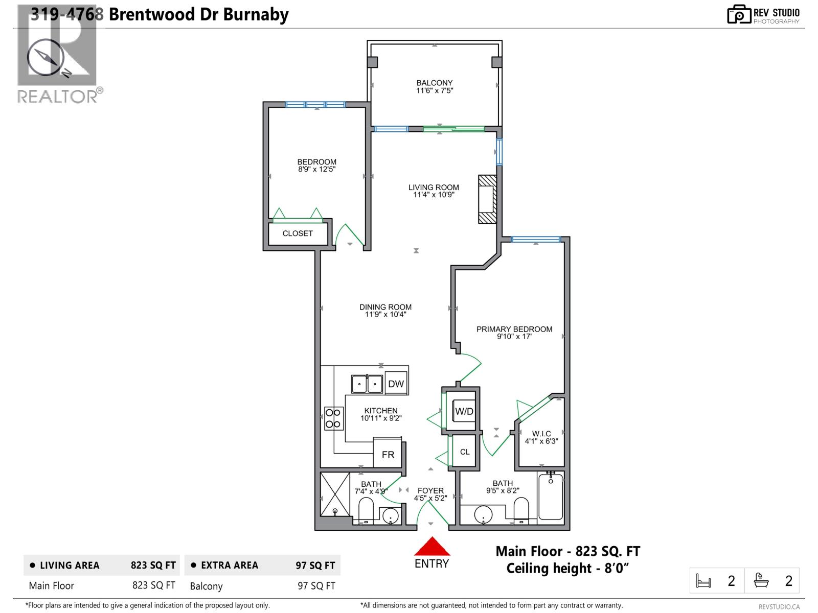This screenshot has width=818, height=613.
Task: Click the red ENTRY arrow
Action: pos(432,547)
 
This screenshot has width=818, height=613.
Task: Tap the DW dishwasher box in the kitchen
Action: pos(396,384)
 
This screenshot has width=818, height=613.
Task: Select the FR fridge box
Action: pos(388,454)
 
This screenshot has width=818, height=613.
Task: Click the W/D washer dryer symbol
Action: pos(464,412)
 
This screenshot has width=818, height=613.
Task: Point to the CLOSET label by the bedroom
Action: pos(298,233)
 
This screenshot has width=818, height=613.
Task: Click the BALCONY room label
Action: pos(435,83)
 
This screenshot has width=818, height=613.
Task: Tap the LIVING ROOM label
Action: pos(434,187)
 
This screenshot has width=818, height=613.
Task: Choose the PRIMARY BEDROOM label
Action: pos(514,329)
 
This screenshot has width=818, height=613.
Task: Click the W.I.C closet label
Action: pos(541,434)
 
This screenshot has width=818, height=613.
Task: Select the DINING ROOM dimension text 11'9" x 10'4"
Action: pos(385,315)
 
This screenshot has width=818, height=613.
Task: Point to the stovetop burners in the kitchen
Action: pos(333,418)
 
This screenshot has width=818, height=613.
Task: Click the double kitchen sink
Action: pos(367,384)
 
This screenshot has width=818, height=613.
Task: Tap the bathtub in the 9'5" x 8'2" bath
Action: pos(551,497)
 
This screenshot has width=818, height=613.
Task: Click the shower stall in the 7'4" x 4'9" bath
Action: pos(335,494)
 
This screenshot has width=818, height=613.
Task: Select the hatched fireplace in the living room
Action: pos(487,199)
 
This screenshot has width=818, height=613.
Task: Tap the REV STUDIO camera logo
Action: pos(738,14)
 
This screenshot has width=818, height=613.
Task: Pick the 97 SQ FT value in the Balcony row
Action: pos(316,586)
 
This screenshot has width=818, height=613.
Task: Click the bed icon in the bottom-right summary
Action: pos(703,581)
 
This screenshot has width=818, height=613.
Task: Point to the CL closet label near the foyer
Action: pos(465,452)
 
